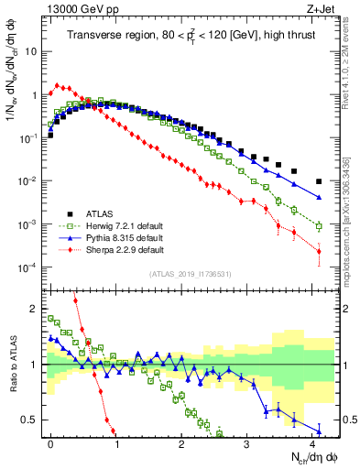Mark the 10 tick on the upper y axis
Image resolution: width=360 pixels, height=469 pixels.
click(x=30, y=51)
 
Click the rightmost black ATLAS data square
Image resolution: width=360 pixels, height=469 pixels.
click(x=319, y=181)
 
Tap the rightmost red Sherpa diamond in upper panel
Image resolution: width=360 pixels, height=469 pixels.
click(x=319, y=251)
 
